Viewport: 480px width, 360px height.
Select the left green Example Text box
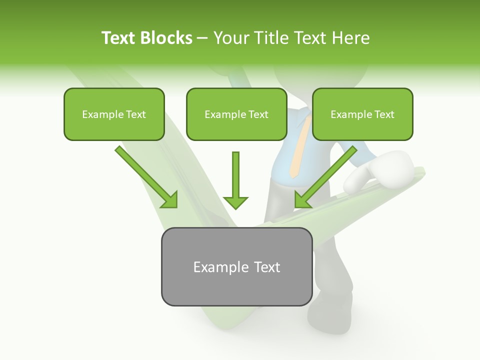point(114,114)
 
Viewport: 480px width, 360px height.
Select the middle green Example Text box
point(236,114)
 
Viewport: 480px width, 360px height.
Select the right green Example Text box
point(362,114)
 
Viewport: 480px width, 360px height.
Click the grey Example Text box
point(236,266)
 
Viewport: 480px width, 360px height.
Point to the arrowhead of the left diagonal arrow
point(170,200)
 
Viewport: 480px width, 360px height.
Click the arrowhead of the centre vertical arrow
point(235,202)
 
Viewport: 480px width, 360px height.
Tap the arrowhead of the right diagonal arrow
point(301,200)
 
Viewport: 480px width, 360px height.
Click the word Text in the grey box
point(267,267)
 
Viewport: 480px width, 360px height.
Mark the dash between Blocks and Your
point(202,38)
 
